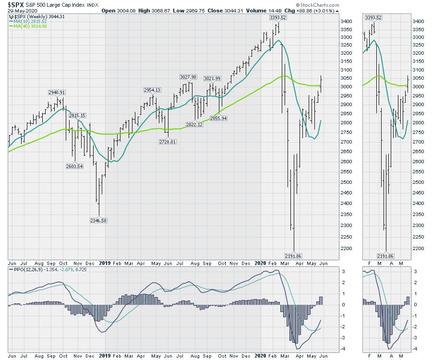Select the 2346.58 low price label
[x=99, y=220]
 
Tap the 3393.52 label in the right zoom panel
[x=373, y=17]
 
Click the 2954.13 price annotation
[x=152, y=90]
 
